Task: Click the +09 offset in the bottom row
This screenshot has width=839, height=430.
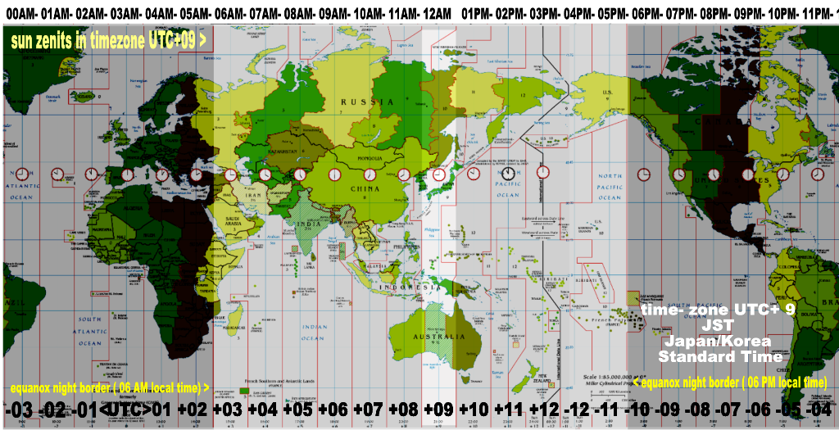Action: tap(438, 409)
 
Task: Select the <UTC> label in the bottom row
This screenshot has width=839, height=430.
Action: tap(125, 409)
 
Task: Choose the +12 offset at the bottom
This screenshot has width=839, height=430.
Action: tap(543, 409)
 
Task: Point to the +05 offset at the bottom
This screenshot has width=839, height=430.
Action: tap(297, 409)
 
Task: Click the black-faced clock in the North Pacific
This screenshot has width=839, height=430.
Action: tap(508, 174)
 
